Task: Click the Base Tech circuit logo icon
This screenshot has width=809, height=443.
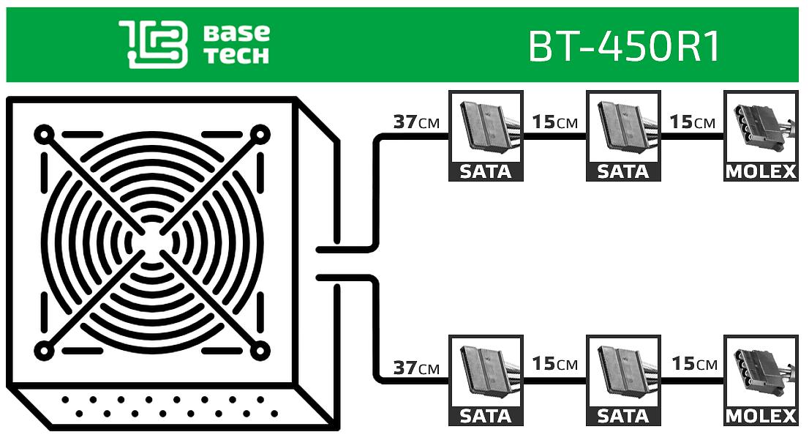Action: coord(154,45)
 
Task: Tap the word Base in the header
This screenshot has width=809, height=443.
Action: coord(237,33)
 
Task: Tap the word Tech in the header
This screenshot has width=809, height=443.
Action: coord(237,56)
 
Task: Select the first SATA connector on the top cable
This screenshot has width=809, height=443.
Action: coord(485,128)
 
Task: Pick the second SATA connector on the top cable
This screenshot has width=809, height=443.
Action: coord(623,128)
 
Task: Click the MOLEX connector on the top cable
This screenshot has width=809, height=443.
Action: coord(761,128)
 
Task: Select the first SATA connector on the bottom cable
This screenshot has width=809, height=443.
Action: coord(485,373)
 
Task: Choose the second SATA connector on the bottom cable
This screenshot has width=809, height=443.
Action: coord(623,373)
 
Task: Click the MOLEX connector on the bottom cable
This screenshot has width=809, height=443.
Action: coord(761,373)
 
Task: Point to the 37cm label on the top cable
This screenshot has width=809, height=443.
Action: coord(416,122)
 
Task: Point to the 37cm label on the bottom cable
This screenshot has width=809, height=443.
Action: coord(416,368)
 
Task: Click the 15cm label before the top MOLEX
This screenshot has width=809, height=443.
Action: coord(692,122)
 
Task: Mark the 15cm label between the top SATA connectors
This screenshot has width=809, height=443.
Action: coord(554,122)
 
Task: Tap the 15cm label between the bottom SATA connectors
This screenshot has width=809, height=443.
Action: coord(554,364)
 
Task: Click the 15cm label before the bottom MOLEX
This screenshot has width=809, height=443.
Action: coord(692,364)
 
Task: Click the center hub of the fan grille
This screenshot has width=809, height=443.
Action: coord(151,242)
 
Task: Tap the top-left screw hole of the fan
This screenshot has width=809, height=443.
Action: coord(44,135)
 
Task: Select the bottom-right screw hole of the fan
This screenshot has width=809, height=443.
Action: coord(259,351)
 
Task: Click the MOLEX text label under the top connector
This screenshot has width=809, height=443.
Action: coord(761,172)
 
